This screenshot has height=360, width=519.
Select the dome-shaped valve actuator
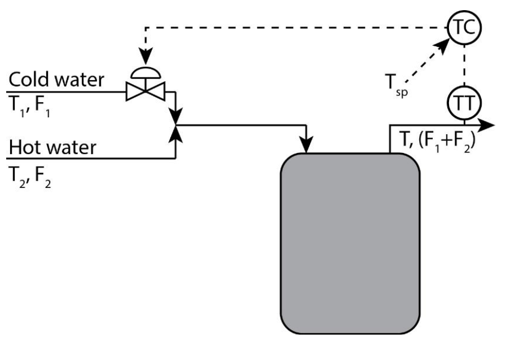pyautogui.click(x=146, y=72)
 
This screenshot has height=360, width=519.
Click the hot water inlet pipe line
pyautogui.click(x=90, y=158)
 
